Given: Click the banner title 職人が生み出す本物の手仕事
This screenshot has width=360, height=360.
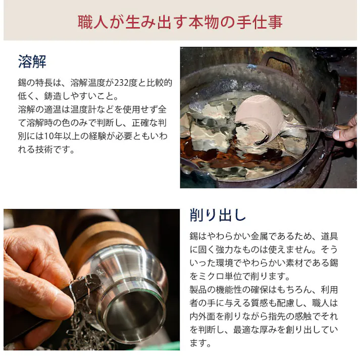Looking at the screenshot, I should [180, 22].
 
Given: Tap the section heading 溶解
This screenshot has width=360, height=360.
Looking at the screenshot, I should [32, 62].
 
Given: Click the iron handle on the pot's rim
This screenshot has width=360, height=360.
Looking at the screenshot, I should [277, 60].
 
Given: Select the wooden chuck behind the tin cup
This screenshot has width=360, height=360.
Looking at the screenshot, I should [101, 242].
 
